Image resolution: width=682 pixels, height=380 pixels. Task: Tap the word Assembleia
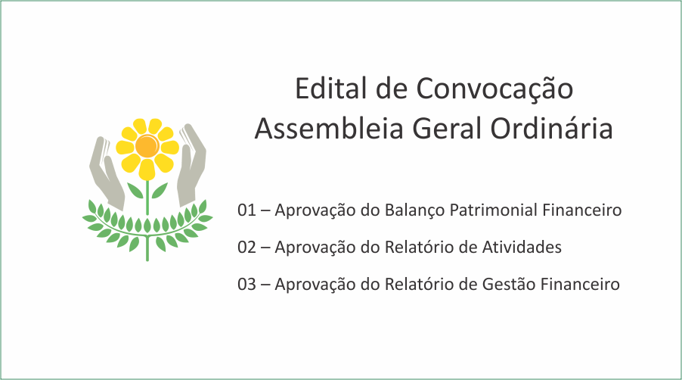pos(329,129)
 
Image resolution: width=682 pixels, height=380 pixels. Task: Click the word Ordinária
pos(551,129)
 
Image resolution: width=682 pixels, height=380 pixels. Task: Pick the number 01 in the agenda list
pos(246,210)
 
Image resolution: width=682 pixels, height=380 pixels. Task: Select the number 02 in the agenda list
pos(246,248)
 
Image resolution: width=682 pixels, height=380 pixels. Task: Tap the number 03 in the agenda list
pos(246,284)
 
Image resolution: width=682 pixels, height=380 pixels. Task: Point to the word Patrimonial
pos(494,210)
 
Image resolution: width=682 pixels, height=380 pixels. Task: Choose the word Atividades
pos(522,248)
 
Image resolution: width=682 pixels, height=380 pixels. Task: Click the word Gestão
pos(509,284)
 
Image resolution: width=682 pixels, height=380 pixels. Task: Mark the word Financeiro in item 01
pos(582,210)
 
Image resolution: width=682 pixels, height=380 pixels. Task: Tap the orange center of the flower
pos(147,146)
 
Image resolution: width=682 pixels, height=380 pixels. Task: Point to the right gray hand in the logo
pos(191,166)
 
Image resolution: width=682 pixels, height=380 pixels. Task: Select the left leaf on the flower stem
pos(135,190)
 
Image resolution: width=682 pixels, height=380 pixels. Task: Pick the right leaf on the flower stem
pos(160,190)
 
